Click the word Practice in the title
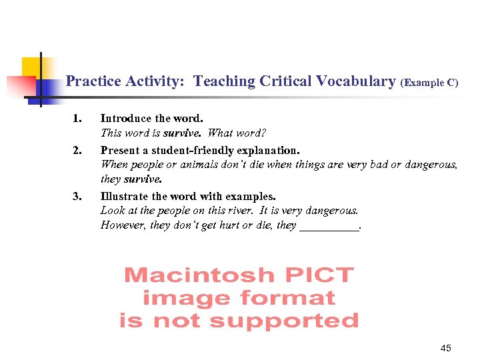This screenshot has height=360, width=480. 94,81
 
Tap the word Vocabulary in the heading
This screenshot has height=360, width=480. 356,81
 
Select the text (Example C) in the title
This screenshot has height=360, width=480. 429,83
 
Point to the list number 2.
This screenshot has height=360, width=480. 77,150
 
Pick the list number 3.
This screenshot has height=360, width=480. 77,196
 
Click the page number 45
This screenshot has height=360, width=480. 446,348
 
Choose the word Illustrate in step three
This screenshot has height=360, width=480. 125,196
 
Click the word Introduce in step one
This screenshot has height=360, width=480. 125,119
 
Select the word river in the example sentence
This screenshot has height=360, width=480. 237,211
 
